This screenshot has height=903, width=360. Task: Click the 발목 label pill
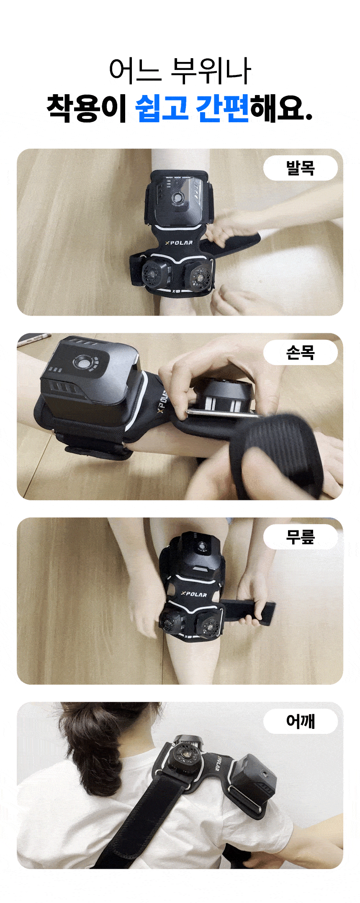tap(300, 168)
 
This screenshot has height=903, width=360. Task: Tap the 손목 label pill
tap(300, 352)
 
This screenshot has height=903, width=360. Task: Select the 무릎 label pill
tap(300, 537)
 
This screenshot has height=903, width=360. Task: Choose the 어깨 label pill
tap(300, 721)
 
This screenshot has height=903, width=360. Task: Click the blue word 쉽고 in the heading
tap(162, 108)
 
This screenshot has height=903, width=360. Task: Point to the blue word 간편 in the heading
tap(222, 108)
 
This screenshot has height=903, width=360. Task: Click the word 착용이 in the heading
tap(87, 108)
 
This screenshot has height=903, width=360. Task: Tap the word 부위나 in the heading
tap(211, 70)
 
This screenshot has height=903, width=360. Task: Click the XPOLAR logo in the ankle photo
tap(179, 243)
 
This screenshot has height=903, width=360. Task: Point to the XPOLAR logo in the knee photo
tap(194, 594)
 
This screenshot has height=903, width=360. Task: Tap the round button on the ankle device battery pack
tap(178, 198)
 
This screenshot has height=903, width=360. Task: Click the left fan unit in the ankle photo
tap(153, 273)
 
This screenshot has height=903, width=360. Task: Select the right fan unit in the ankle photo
tap(199, 275)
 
